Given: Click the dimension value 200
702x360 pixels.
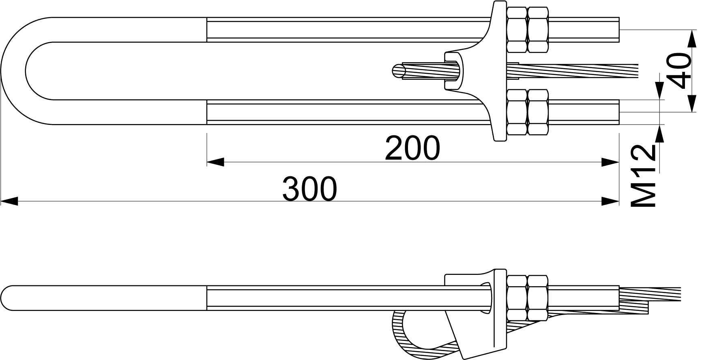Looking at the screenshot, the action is coord(412,148).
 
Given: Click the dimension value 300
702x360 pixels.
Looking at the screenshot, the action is coord(309,189).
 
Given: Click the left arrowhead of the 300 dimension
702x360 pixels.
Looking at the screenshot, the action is coord(9,201).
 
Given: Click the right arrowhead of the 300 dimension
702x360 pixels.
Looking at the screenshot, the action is coord(610,201).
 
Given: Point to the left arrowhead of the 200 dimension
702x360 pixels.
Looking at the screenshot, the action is coord(215,162).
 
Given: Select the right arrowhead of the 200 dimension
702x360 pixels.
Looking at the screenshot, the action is coord(610,162).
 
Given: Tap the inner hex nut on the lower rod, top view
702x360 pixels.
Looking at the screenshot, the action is coord(517,112).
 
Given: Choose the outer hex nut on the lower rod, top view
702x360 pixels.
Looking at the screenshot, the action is coord(538,112).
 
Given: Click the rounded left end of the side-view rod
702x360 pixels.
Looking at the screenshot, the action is coord(9,298).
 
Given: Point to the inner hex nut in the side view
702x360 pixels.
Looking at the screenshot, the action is coord(517,298).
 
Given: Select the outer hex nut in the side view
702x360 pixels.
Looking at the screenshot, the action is coord(538,298).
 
